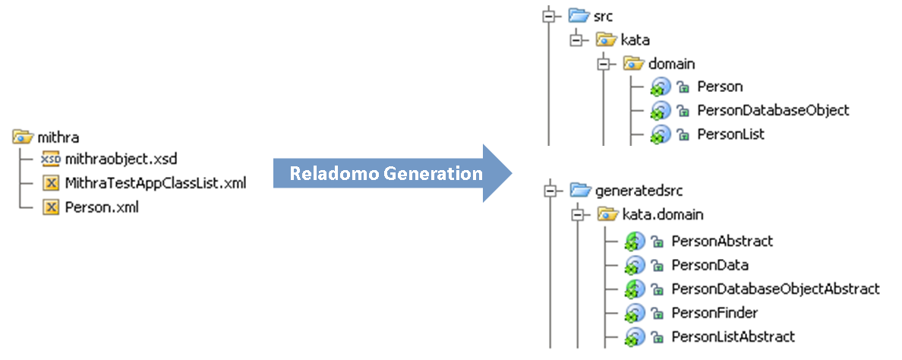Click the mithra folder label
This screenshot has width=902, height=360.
(58, 137)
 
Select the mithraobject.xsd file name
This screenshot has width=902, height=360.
(121, 159)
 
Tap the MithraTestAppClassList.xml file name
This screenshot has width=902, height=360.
(156, 182)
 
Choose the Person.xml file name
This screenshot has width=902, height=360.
(102, 206)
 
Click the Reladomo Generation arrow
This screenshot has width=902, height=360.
(386, 174)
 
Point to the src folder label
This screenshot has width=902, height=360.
(604, 15)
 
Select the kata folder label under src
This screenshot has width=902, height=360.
(635, 39)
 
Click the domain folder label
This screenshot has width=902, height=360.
(671, 64)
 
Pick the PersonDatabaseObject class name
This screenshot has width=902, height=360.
(773, 110)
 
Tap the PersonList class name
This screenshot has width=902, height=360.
(730, 134)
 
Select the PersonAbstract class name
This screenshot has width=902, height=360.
(722, 241)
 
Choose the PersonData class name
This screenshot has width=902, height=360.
(710, 265)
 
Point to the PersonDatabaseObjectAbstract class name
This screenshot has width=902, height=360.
(775, 289)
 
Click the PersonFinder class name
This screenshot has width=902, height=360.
(714, 312)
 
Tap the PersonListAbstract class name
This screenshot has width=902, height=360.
(733, 336)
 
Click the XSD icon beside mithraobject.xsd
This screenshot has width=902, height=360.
(50, 159)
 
